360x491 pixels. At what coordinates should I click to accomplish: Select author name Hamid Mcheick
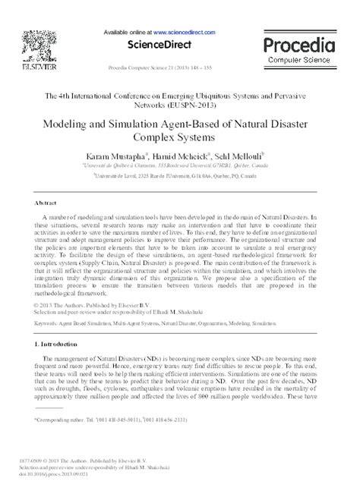click(190, 154)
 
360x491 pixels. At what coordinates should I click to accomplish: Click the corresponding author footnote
click(114, 419)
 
